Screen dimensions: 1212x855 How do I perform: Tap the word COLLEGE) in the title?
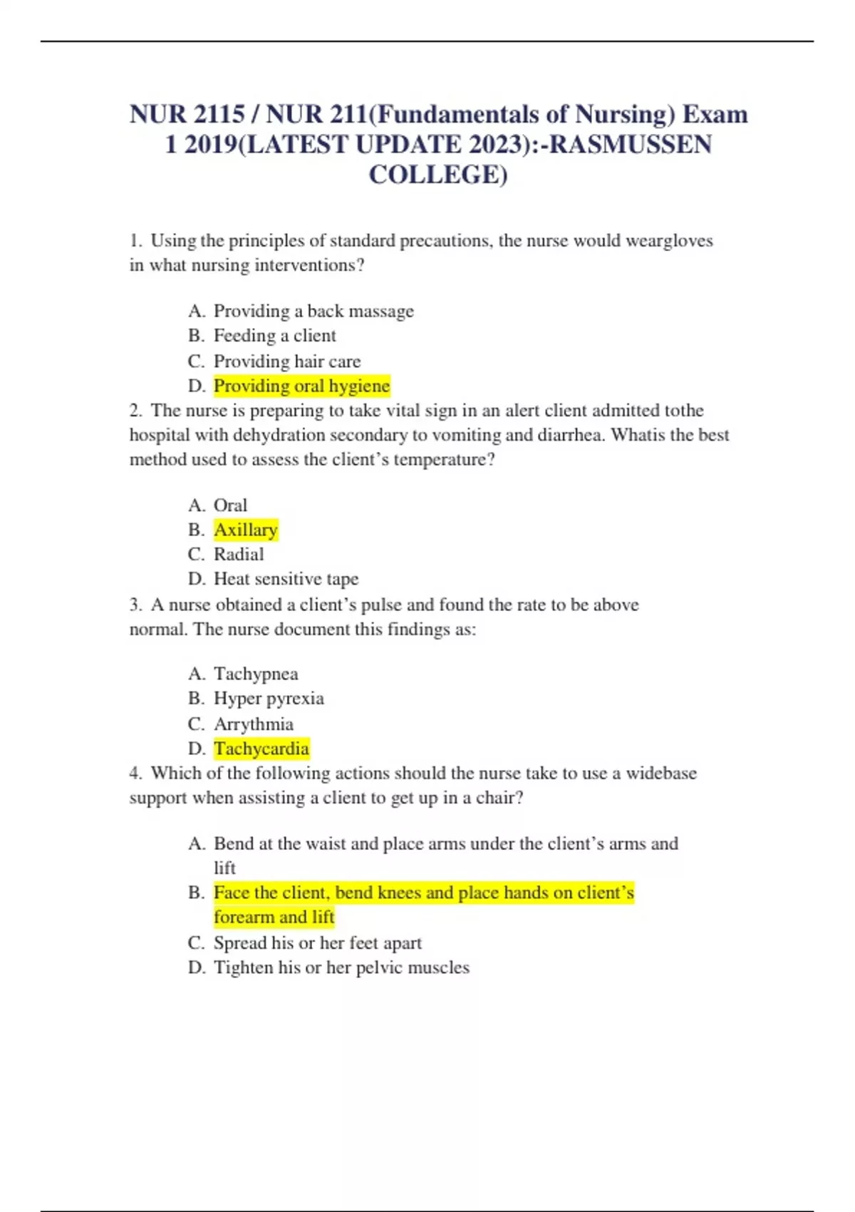(x=438, y=175)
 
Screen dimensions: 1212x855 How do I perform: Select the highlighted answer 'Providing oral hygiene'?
(x=301, y=386)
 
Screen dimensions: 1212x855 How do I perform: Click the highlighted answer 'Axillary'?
(x=246, y=530)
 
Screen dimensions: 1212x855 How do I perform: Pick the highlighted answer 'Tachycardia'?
(x=261, y=749)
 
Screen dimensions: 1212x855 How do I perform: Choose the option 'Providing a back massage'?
(x=313, y=311)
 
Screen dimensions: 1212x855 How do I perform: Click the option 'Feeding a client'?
(x=275, y=336)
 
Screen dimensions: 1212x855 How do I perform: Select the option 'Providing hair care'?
(x=287, y=361)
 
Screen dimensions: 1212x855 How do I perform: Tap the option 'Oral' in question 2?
(x=230, y=505)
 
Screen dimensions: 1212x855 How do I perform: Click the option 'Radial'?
(x=239, y=555)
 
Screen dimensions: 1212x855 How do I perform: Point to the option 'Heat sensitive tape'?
(x=286, y=579)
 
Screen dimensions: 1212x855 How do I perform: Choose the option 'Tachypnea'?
(x=256, y=674)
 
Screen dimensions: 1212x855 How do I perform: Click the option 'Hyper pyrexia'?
(x=269, y=699)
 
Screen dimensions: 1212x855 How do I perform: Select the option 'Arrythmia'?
(x=254, y=724)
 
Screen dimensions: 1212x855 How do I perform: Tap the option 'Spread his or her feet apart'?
(x=318, y=943)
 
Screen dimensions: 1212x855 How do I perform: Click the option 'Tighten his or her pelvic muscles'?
(x=341, y=967)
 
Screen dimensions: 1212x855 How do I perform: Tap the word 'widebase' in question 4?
(x=661, y=774)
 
